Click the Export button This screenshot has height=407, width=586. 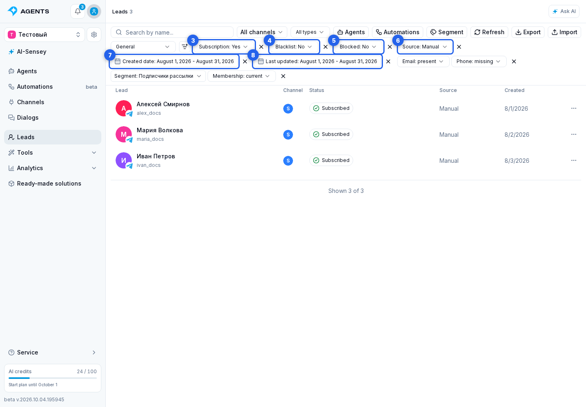[x=528, y=32]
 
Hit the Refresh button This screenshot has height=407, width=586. [x=489, y=32]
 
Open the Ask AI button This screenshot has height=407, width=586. [x=564, y=11]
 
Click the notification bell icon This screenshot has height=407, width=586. [x=78, y=11]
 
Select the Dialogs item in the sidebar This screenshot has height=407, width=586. [x=28, y=118]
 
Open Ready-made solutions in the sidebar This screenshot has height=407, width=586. [x=49, y=184]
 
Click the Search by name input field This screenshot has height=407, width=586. [x=172, y=32]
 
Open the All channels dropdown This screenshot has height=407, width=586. [x=262, y=32]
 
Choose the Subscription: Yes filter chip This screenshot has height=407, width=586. [x=223, y=47]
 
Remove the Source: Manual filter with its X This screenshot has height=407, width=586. [x=459, y=47]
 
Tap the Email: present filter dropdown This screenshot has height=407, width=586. [x=423, y=61]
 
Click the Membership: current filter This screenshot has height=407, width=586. [x=241, y=76]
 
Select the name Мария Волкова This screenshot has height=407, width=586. [x=160, y=130]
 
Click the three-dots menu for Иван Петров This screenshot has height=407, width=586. [x=573, y=160]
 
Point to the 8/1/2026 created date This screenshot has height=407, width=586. [x=516, y=109]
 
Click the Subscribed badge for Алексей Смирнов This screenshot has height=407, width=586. [x=331, y=108]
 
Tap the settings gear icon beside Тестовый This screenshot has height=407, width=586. [x=94, y=35]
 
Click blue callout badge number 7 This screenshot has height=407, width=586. [x=110, y=55]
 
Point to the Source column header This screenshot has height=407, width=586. [x=448, y=90]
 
